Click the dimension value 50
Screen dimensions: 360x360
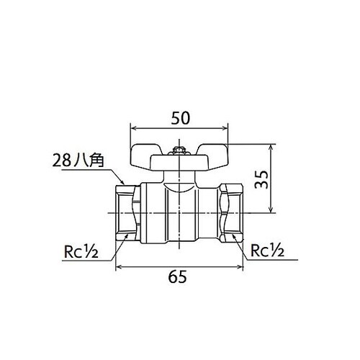(x=180, y=118)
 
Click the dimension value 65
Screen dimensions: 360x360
(x=177, y=276)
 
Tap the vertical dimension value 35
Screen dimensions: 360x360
(x=261, y=180)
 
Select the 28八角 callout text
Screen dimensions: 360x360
(x=78, y=161)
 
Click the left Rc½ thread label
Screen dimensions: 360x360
(x=81, y=251)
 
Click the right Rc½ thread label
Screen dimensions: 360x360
(x=267, y=250)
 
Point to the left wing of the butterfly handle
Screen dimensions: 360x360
(x=145, y=157)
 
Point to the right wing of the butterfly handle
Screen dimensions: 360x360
(x=213, y=157)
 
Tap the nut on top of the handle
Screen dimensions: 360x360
(x=179, y=151)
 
